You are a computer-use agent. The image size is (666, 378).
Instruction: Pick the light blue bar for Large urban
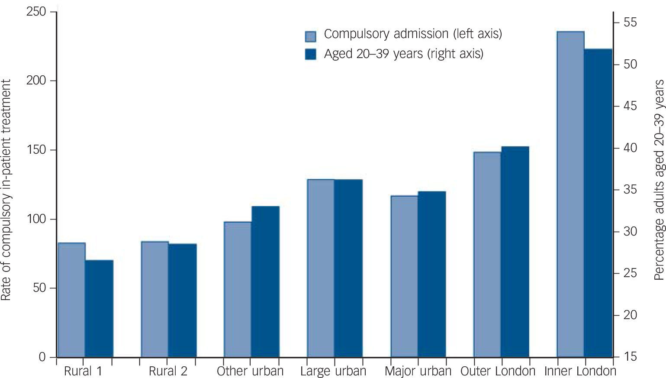[321, 268]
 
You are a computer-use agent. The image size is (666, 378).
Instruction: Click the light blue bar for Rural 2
[154, 299]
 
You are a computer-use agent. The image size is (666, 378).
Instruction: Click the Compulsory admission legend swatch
[310, 36]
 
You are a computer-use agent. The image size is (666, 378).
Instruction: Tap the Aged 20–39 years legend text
[403, 54]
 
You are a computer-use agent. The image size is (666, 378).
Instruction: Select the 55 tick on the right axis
[630, 23]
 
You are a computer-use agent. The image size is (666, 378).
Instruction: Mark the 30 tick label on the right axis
[630, 232]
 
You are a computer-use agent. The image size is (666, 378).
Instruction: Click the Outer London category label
[498, 371]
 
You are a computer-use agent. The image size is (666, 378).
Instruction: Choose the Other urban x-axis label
[250, 371]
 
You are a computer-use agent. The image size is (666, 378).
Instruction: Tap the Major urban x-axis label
[418, 371]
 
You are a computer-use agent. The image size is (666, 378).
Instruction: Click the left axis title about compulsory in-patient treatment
[6, 190]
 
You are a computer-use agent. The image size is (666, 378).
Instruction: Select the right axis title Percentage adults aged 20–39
[659, 180]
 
